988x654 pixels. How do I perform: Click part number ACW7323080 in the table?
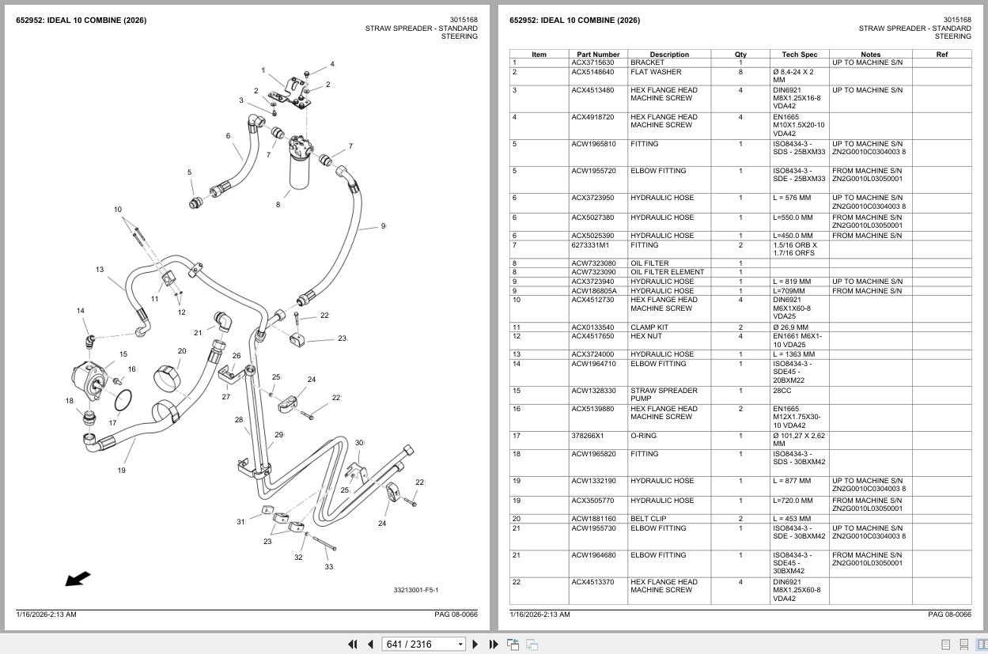(593, 263)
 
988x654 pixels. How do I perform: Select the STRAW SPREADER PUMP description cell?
(664, 395)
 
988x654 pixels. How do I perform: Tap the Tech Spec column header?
(799, 55)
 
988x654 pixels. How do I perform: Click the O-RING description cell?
(644, 436)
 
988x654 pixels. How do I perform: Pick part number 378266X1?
(587, 436)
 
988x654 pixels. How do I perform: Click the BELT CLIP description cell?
(649, 519)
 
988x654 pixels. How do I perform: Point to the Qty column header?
(740, 55)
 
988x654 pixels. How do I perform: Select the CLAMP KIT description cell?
(649, 327)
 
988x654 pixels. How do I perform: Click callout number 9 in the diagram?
(383, 226)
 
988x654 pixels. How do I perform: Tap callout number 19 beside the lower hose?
(121, 470)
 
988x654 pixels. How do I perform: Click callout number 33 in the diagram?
(329, 567)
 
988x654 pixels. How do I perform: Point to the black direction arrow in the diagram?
(78, 579)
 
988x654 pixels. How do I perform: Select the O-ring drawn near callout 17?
(123, 400)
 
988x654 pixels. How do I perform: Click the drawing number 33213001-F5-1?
(416, 590)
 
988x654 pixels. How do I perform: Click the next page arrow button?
(475, 645)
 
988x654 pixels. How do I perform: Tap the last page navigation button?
(494, 645)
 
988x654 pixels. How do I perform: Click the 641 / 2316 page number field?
(423, 645)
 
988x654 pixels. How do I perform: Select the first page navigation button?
(353, 645)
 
